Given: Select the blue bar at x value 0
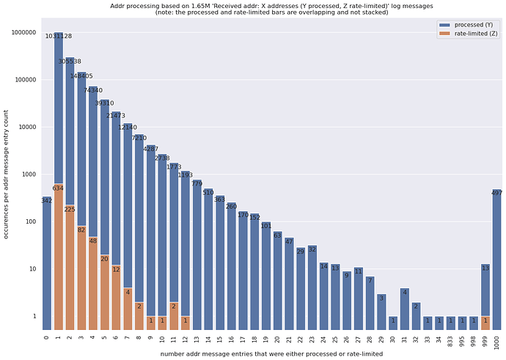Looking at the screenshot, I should (x=46, y=264).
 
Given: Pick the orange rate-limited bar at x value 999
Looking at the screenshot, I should (x=485, y=323).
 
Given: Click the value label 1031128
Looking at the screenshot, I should (x=58, y=36).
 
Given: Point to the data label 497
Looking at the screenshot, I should (x=497, y=193).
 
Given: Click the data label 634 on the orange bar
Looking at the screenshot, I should (x=58, y=188).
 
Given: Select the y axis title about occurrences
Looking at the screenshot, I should (x=7, y=175).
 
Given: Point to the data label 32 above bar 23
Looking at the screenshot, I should (x=312, y=249).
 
